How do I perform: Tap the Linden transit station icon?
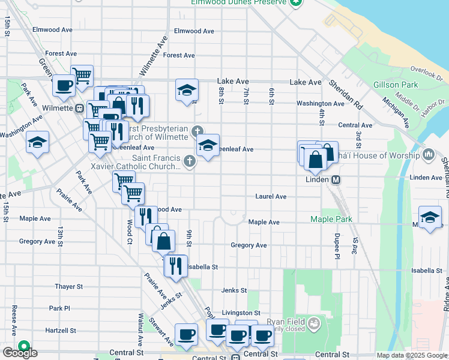coord(336,179)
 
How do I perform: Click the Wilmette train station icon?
coord(79,109)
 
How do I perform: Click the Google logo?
coord(20,353)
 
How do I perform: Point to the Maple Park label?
coord(329,219)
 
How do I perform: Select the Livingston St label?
coord(241,313)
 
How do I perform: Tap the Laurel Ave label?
coord(271,196)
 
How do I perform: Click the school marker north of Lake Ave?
coord(187,90)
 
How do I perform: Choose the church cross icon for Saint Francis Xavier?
coord(190,160)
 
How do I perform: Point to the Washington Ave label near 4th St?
coord(321,103)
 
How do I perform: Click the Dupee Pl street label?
coord(337,246)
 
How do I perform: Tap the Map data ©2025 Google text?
coord(411,355)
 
